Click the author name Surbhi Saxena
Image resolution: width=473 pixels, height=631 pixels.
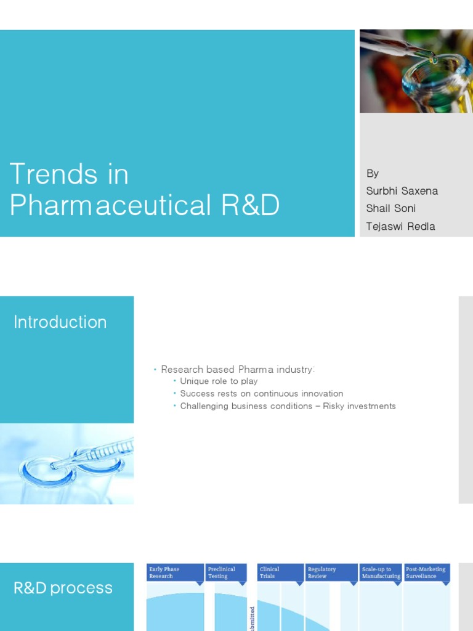[x=402, y=191]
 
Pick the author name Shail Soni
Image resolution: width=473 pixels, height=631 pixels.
[x=390, y=208]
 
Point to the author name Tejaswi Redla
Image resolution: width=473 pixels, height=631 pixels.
[x=400, y=226]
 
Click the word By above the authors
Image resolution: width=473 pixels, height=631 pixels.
[x=373, y=174]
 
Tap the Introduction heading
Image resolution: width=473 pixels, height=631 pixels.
[x=60, y=322]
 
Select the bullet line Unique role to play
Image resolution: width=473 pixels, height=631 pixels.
[x=219, y=381]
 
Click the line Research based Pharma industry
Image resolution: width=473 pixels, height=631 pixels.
[x=238, y=369]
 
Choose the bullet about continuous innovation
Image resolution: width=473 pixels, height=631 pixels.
[x=261, y=394]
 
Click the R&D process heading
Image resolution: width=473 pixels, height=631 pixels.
[x=63, y=588]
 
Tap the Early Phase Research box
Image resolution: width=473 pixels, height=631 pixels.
[x=176, y=572]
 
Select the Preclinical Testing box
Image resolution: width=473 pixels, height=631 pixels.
[x=226, y=572]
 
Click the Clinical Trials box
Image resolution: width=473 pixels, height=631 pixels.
[x=280, y=572]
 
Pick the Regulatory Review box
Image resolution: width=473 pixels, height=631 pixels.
[x=331, y=572]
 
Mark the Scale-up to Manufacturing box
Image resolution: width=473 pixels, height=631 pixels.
[x=381, y=572]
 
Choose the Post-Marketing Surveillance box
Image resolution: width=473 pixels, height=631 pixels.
[x=426, y=572]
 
